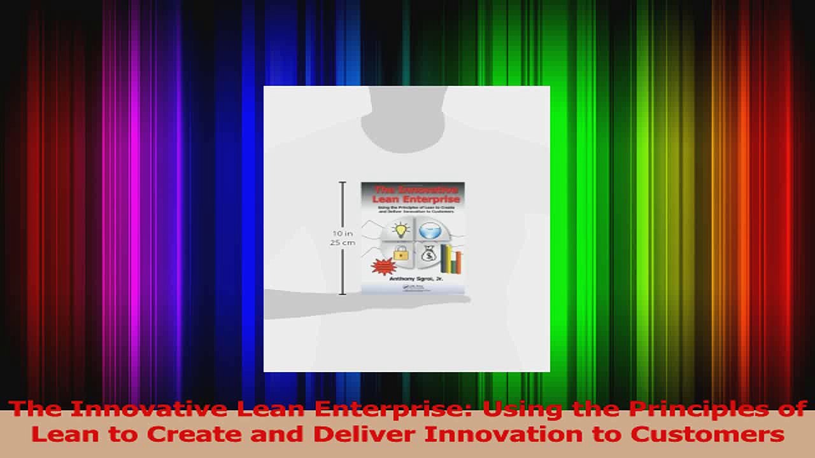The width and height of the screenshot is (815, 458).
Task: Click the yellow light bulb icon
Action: pos(401,229)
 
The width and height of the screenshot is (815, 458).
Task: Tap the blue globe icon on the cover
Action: pos(430,229)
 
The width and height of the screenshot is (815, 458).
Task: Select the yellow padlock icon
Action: pos(401,253)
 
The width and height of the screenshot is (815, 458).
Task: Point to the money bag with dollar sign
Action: pos(428,253)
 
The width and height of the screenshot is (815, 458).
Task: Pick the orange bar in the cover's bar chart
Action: pos(459,261)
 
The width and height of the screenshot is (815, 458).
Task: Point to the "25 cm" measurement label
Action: pos(343,242)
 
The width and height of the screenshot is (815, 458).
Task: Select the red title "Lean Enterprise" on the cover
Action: pos(413,199)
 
